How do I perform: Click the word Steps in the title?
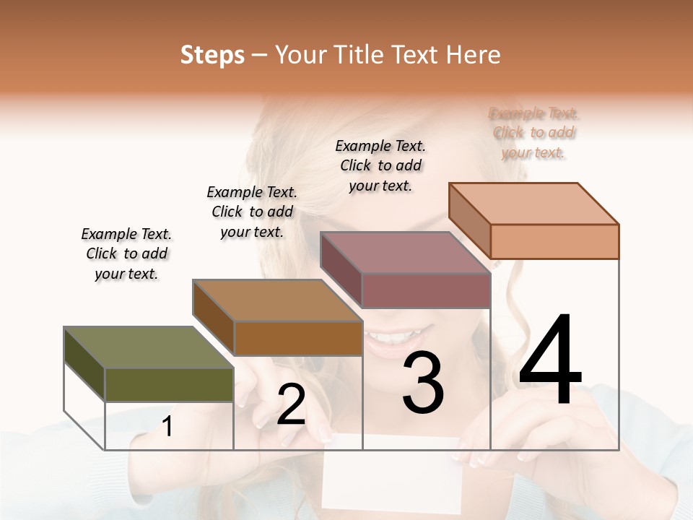pos(212,55)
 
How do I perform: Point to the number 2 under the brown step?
pos(291,404)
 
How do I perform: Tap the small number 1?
pos(167,427)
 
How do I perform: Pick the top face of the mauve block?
pos(405,253)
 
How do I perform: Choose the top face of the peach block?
pos(533,204)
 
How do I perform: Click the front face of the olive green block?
pos(169,384)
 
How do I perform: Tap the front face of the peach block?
pos(554,241)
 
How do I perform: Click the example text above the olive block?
pos(127,253)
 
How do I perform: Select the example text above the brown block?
pos(252,212)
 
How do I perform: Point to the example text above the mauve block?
pos(380,165)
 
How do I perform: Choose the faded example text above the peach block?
pos(533,132)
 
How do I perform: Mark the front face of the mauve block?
pos(426,290)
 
